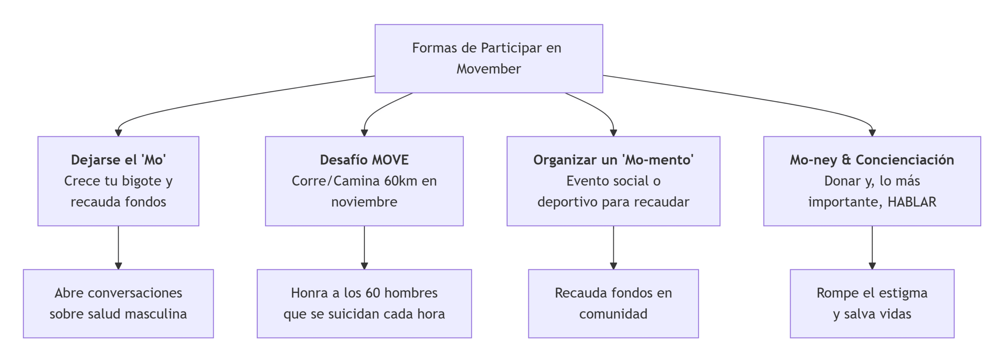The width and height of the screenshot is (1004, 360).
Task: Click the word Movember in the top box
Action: coord(488,69)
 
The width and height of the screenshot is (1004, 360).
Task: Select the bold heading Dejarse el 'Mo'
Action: coord(118,160)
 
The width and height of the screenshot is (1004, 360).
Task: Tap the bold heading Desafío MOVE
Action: coord(364,160)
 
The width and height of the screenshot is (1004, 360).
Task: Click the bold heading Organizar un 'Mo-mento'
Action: coord(613,160)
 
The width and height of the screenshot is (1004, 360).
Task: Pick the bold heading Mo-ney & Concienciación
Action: coord(871,160)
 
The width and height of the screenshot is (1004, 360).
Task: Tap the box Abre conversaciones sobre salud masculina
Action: coord(118,303)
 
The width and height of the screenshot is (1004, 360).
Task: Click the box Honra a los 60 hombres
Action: coord(364,303)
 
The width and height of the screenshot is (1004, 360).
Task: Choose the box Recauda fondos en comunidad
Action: coord(613,303)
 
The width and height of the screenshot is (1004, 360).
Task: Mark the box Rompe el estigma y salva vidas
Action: coord(871,303)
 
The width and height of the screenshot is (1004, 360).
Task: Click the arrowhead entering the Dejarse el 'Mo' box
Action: coord(118,133)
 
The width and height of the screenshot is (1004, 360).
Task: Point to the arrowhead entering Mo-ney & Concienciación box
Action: coord(872,133)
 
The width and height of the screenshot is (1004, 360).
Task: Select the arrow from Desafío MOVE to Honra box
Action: coord(364,247)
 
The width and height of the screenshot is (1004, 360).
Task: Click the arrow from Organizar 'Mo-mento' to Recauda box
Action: coord(613,247)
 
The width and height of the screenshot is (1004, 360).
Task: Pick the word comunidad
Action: coord(613,314)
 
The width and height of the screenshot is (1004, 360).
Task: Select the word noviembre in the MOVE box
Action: coord(364,202)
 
